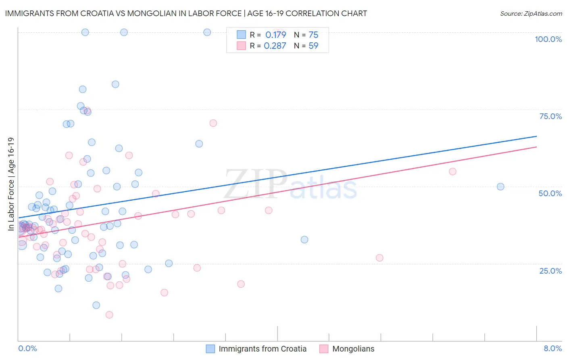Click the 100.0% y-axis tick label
[548, 39]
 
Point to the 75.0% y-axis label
[550, 116]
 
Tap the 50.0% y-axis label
[550, 193]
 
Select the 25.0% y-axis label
[550, 270]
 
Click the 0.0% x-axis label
[27, 348]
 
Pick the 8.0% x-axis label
[552, 348]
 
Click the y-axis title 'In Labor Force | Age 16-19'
[11, 184]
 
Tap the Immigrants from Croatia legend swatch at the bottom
[210, 349]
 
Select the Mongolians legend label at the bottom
[353, 349]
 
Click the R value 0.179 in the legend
[275, 35]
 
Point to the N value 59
[313, 46]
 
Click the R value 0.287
[275, 46]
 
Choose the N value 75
[313, 35]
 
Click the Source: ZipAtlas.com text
[531, 13]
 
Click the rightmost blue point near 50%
[500, 186]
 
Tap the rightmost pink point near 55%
[452, 172]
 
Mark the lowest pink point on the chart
[109, 315]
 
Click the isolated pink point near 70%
[213, 123]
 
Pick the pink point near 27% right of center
[379, 258]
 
